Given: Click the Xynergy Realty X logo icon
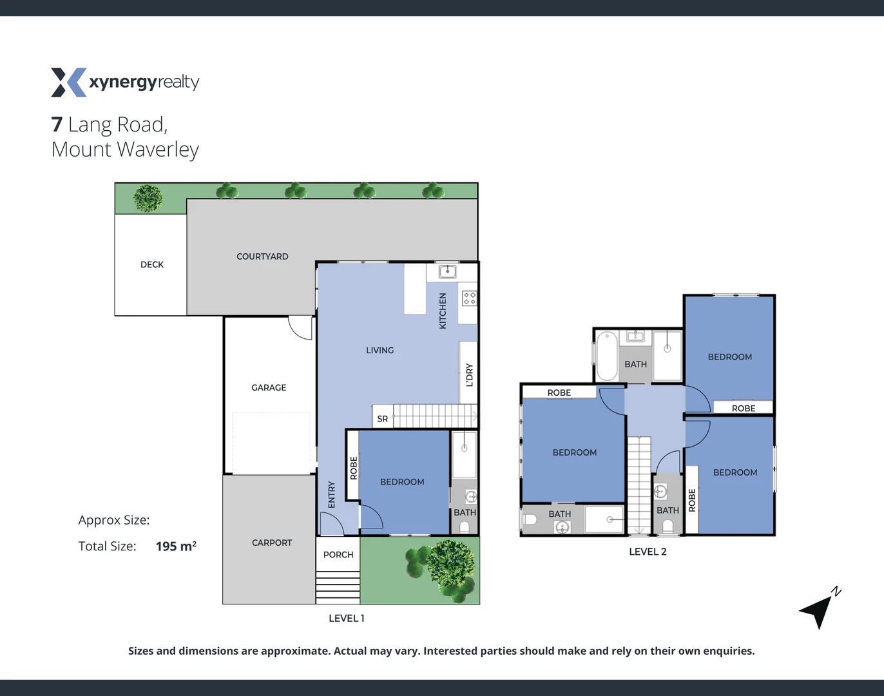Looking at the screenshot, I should (68, 82).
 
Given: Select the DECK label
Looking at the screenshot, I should (152, 264).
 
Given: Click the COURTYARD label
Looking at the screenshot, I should (262, 256).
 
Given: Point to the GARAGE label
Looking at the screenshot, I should (269, 387).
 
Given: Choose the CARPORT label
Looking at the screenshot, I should (272, 543).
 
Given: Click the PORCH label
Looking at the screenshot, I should (338, 554).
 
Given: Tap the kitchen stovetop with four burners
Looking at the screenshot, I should (469, 298).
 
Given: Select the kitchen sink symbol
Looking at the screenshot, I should (447, 271).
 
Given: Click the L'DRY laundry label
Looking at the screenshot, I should (469, 375).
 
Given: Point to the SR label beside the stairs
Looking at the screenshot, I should (382, 419).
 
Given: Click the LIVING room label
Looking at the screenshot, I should (380, 350).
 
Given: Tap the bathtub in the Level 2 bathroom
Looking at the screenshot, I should (606, 356).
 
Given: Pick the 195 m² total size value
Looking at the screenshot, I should (176, 546).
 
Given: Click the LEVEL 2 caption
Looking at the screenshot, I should (648, 552).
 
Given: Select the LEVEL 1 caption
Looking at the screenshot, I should (347, 618).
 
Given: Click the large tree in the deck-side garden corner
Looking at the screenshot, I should (148, 198).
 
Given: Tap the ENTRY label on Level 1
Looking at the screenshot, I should (331, 494).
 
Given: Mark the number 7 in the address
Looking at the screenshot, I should (57, 124).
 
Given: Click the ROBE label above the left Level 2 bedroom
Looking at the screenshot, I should (559, 392).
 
